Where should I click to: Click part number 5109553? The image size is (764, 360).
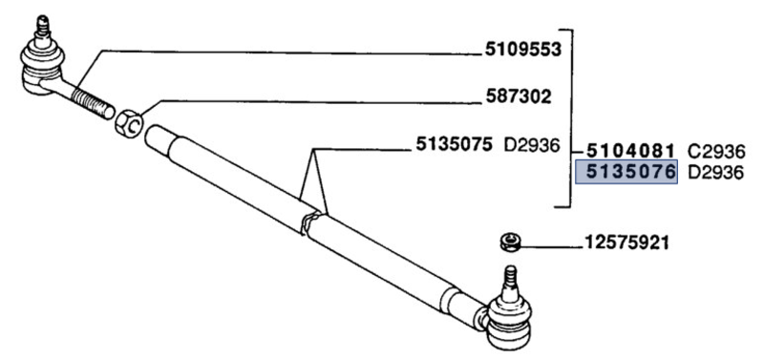point(522,48)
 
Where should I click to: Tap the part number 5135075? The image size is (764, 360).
point(454,146)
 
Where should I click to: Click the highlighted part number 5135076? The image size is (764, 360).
point(626,173)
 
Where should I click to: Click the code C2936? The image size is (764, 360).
point(716,151)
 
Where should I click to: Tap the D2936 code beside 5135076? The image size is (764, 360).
point(716,173)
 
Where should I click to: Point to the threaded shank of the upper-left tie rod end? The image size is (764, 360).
point(88,98)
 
